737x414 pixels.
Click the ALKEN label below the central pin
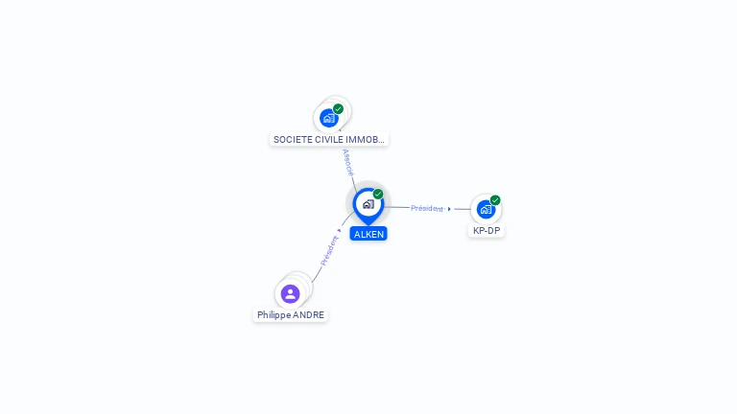pos(368,234)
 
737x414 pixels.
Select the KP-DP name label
pos(487,231)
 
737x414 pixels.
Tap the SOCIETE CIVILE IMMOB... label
pos(329,139)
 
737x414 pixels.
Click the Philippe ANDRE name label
pos(291,314)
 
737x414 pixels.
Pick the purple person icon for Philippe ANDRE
pos(290,293)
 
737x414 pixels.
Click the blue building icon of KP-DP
pos(486,209)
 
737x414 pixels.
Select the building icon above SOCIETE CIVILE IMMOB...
pos(329,118)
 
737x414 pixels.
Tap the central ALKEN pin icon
pos(368,204)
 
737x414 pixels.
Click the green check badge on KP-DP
pos(495,200)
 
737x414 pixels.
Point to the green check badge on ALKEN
pos(378,195)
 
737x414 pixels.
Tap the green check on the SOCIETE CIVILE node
pos(339,109)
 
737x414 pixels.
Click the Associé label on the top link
pos(347,162)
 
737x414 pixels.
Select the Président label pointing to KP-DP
pos(427,208)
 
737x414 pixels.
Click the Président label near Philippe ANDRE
pos(329,251)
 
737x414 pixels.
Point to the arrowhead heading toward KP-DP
pos(449,209)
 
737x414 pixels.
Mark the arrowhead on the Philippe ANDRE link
pos(340,230)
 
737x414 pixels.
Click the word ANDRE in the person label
pos(308,314)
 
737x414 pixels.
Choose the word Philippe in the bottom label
pos(273,314)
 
